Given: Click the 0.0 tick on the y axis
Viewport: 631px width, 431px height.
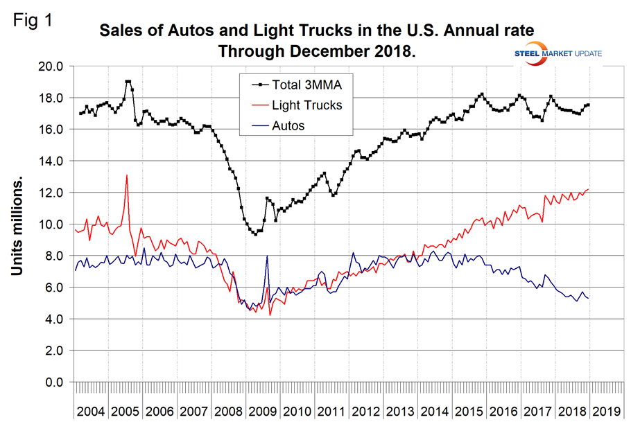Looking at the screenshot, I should click(x=53, y=382).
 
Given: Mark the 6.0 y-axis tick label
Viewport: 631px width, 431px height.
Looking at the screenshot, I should click(x=53, y=288).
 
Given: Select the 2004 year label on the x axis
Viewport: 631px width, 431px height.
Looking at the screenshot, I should click(x=91, y=410).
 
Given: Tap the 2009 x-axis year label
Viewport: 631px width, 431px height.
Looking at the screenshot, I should click(x=265, y=410).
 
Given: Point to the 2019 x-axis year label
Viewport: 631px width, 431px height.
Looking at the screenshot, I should click(x=608, y=410).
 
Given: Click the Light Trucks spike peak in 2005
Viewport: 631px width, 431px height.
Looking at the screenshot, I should click(x=127, y=175).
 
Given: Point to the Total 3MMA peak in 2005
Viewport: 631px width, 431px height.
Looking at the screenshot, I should click(x=128, y=82).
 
